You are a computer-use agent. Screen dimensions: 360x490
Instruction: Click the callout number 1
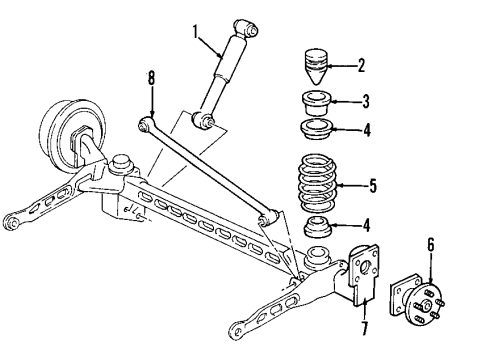pyautogui.click(x=197, y=32)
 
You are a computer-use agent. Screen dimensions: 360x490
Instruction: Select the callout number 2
pyautogui.click(x=362, y=66)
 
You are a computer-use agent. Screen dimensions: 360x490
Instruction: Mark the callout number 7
pyautogui.click(x=363, y=327)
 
